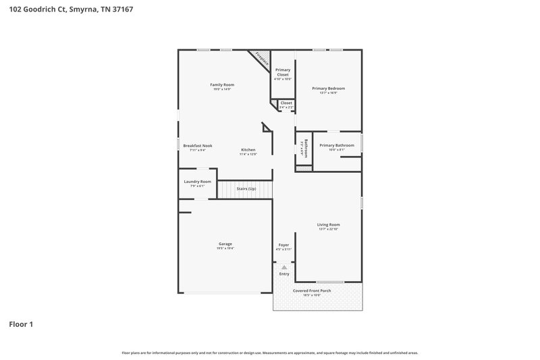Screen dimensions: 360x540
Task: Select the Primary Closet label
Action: (x=283, y=72)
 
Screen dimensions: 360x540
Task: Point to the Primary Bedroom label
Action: (x=328, y=88)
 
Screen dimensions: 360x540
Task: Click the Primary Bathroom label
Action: (x=336, y=145)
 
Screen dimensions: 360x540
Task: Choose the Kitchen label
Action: (x=248, y=149)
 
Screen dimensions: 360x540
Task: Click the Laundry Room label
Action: (x=197, y=182)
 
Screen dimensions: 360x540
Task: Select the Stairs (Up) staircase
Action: (x=246, y=189)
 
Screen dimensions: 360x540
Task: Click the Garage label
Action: (x=225, y=244)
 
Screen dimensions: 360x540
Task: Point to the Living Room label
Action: (x=328, y=225)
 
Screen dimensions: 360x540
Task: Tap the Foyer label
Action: (x=283, y=245)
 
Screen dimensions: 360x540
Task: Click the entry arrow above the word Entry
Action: (x=284, y=268)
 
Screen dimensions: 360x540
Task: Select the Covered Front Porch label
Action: (x=311, y=290)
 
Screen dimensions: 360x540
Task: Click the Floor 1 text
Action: (x=21, y=324)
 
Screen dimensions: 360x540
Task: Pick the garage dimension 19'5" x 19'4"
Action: (x=225, y=249)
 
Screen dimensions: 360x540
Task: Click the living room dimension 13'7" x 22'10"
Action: (x=328, y=230)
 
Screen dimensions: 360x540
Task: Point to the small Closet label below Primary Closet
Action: (x=286, y=103)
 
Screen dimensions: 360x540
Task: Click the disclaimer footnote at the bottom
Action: (x=269, y=353)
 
